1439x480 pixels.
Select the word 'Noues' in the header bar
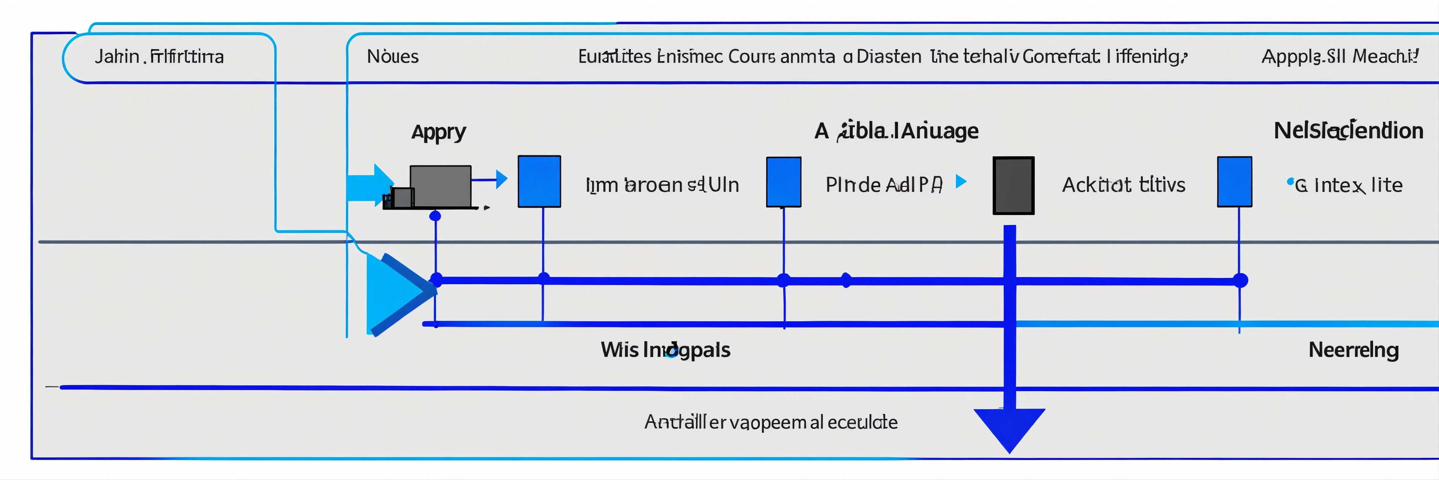pos(392,56)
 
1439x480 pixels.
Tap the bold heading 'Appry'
pos(438,132)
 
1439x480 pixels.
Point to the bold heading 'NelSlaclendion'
pos(1348,131)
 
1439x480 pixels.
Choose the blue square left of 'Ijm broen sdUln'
pos(539,182)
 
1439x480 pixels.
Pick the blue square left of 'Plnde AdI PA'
pos(783,182)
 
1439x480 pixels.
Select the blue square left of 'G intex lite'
pos(1234,182)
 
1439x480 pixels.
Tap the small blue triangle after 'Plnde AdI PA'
pos(960,181)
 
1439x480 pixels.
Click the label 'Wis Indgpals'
pos(665,350)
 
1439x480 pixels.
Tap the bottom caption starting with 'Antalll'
pos(770,422)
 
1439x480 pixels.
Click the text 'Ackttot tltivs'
pos(1123,185)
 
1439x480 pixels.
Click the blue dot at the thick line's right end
pos(1240,280)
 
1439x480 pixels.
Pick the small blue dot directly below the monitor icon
pos(435,216)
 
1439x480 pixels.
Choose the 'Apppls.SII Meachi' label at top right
pos(1339,56)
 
